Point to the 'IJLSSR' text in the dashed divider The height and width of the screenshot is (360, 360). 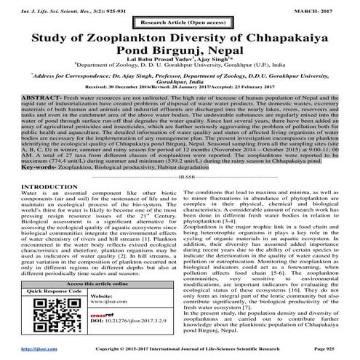coord(179,175)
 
